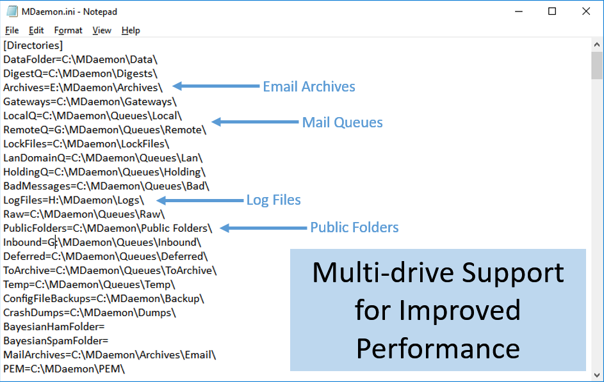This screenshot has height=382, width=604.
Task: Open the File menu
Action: (12, 30)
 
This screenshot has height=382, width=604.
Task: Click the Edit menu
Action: (37, 30)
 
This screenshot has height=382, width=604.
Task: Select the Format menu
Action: (68, 30)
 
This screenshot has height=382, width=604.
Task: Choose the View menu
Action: (102, 30)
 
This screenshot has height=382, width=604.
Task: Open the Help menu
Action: (131, 30)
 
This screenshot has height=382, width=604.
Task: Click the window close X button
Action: (585, 12)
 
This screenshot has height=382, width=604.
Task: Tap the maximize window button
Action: (552, 12)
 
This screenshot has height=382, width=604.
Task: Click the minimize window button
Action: (518, 12)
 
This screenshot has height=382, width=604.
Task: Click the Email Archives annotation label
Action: (309, 86)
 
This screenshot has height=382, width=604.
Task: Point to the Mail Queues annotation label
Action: (342, 122)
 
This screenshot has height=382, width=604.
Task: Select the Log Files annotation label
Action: (273, 200)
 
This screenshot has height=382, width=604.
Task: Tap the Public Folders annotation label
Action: (354, 228)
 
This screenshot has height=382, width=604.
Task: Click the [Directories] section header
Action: (33, 45)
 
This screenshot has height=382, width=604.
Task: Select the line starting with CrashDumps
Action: (90, 313)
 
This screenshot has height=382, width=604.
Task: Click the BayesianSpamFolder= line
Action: (56, 341)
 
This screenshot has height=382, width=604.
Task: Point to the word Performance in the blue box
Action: (438, 349)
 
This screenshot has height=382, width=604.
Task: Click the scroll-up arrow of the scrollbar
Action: (597, 45)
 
